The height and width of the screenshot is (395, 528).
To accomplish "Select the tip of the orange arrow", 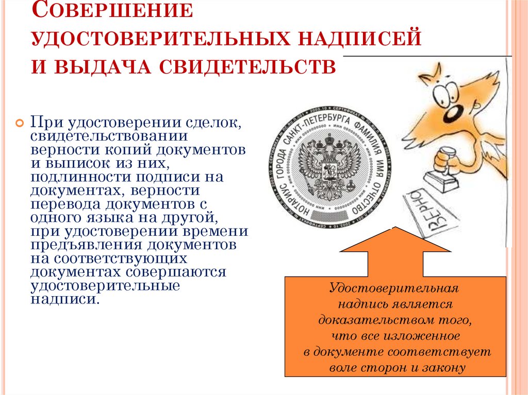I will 395,228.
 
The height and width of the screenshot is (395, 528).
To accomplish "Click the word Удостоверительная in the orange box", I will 395,288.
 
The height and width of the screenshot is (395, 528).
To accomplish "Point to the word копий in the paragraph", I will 146,150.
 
